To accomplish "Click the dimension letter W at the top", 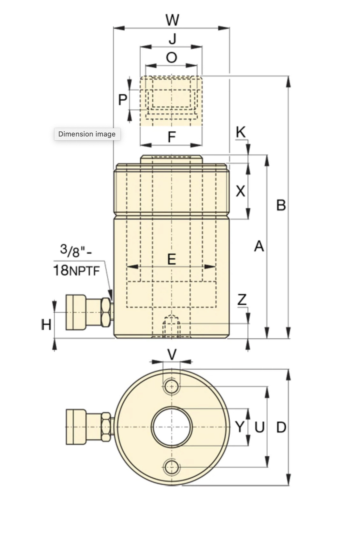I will pyautogui.click(x=172, y=20).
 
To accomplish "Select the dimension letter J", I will pyautogui.click(x=172, y=39).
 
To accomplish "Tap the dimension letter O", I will pyautogui.click(x=172, y=58).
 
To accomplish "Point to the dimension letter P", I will pyautogui.click(x=122, y=100).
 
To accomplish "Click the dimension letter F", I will pyautogui.click(x=172, y=137).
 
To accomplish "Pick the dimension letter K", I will pyautogui.click(x=241, y=132).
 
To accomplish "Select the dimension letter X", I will pyautogui.click(x=240, y=191).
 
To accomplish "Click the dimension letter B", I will pyautogui.click(x=281, y=205).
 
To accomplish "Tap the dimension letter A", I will pyautogui.click(x=259, y=246).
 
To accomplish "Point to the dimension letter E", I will pyautogui.click(x=172, y=259).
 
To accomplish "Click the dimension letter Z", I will pyautogui.click(x=242, y=300).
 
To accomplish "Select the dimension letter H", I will pyautogui.click(x=46, y=325).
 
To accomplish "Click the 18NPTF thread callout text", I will pyautogui.click(x=77, y=270).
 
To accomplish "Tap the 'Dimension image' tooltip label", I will pyautogui.click(x=87, y=134).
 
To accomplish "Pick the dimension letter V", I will pyautogui.click(x=172, y=355).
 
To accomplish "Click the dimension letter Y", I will pyautogui.click(x=240, y=427).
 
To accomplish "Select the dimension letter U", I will pyautogui.click(x=259, y=427).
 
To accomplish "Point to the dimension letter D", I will pyautogui.click(x=281, y=427).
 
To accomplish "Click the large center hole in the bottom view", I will pyautogui.click(x=172, y=427).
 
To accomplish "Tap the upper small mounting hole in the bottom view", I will pyautogui.click(x=172, y=387).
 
